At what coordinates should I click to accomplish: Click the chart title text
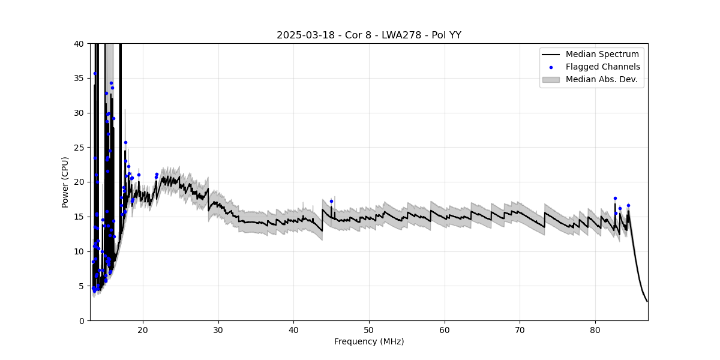point(368,35)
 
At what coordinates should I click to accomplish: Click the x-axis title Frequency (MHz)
point(368,342)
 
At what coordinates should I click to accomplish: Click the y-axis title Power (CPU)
point(65,182)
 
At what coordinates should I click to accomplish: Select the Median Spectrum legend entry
point(602,55)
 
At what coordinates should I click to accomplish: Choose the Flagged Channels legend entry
point(602,67)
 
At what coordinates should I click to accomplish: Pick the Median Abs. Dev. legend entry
point(601,79)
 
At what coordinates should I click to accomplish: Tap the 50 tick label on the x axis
point(369,329)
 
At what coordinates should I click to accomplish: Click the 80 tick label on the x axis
point(595,329)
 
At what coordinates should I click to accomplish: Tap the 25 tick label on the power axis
point(79,148)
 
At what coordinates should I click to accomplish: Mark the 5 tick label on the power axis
point(81,286)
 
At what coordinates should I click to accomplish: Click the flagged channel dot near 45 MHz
point(331,201)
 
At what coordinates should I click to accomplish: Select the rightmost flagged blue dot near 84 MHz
point(628,205)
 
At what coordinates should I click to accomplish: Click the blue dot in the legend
point(551,67)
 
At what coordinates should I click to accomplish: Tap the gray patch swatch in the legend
point(551,79)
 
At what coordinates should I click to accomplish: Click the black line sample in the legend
point(551,55)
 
